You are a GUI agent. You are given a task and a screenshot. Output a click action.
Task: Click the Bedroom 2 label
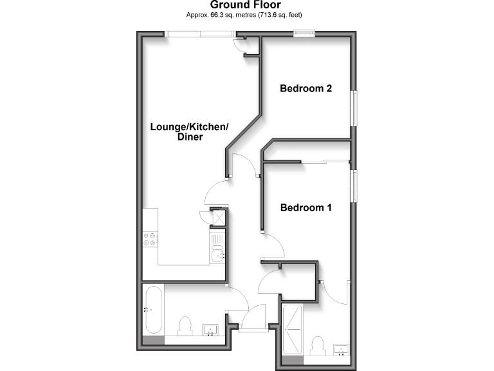pyautogui.click(x=306, y=89)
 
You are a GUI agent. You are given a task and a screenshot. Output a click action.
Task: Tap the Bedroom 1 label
pyautogui.click(x=306, y=207)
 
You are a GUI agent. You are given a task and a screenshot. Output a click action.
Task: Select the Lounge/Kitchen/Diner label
pyautogui.click(x=189, y=132)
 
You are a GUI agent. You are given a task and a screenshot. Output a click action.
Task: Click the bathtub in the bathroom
pyautogui.click(x=154, y=309)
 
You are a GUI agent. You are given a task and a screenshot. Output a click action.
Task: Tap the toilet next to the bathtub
pyautogui.click(x=185, y=326)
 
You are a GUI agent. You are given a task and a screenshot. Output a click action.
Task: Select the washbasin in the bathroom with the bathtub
pyautogui.click(x=211, y=330)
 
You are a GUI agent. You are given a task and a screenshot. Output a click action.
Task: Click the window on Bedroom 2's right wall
pyautogui.click(x=352, y=108)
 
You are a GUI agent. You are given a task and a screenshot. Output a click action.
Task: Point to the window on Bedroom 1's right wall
pyautogui.click(x=352, y=187)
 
